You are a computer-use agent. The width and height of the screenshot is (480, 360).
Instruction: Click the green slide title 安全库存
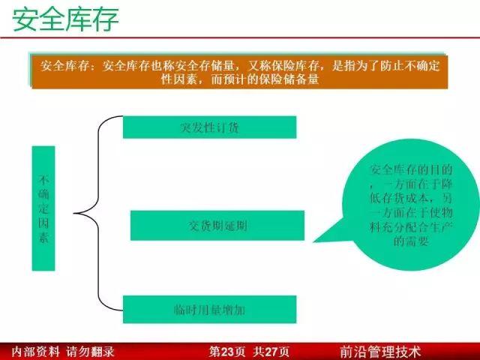pos(65,20)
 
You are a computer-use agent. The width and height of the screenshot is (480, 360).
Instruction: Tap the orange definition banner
pos(240,72)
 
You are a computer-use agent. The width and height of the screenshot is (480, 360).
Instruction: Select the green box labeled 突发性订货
pos(210,127)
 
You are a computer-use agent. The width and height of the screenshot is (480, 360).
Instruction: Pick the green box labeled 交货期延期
pos(217,226)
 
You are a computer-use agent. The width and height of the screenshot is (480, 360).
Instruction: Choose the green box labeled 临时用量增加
pos(210,310)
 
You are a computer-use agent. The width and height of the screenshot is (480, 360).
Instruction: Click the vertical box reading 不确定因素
pos(43,208)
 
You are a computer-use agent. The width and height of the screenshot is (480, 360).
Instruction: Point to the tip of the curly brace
pos(74,213)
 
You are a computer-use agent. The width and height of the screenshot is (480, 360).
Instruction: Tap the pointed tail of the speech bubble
pos(313,241)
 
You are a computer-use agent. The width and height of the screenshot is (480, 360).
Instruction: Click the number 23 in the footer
pos(227,352)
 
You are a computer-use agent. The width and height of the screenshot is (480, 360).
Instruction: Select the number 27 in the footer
pos(271,352)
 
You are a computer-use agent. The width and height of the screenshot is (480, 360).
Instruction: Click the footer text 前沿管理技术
pos(380,352)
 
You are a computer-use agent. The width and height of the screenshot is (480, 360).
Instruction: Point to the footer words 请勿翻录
pos(90,352)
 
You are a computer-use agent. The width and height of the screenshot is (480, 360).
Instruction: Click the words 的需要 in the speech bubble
pos(411,241)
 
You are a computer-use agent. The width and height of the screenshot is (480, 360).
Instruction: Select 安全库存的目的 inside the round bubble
pos(411,169)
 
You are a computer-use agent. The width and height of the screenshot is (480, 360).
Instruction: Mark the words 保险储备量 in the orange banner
pos(289,79)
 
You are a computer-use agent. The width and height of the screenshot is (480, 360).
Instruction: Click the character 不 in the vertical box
pos(43,180)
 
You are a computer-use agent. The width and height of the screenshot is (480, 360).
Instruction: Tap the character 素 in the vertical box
pos(43,237)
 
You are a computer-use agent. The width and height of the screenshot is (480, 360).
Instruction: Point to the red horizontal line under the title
pos(240,37)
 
